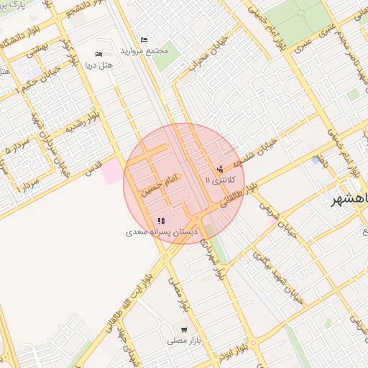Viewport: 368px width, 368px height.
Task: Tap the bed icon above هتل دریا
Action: point(98,55)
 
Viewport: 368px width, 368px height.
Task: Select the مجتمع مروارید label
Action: point(144,51)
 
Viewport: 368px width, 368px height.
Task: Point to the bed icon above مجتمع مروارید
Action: point(144,40)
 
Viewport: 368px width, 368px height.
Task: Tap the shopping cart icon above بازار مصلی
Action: point(185,329)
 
